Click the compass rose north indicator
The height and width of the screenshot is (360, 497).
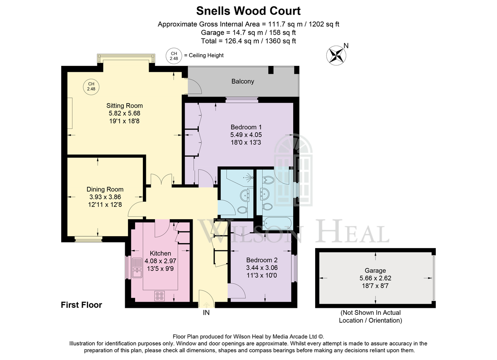(x=336, y=55)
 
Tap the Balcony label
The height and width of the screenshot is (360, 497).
(x=243, y=82)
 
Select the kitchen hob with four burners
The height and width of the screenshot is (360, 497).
(x=159, y=296)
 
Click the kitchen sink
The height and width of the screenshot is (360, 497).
(x=137, y=268)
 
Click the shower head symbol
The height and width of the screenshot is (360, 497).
(x=248, y=178)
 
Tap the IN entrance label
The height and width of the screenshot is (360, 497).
(x=206, y=313)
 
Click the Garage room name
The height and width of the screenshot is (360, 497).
(x=375, y=271)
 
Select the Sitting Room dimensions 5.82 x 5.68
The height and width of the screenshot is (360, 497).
(x=125, y=114)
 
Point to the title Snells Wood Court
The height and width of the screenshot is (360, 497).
(x=248, y=11)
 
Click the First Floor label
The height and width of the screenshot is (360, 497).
(x=82, y=305)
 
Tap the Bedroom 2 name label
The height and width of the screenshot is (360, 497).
(x=262, y=260)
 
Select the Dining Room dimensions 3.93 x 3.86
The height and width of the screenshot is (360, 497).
(x=105, y=197)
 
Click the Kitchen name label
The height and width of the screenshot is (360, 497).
(x=160, y=253)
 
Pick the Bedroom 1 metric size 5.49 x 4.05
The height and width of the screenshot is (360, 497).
(x=246, y=135)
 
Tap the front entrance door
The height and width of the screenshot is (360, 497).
(x=207, y=299)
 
